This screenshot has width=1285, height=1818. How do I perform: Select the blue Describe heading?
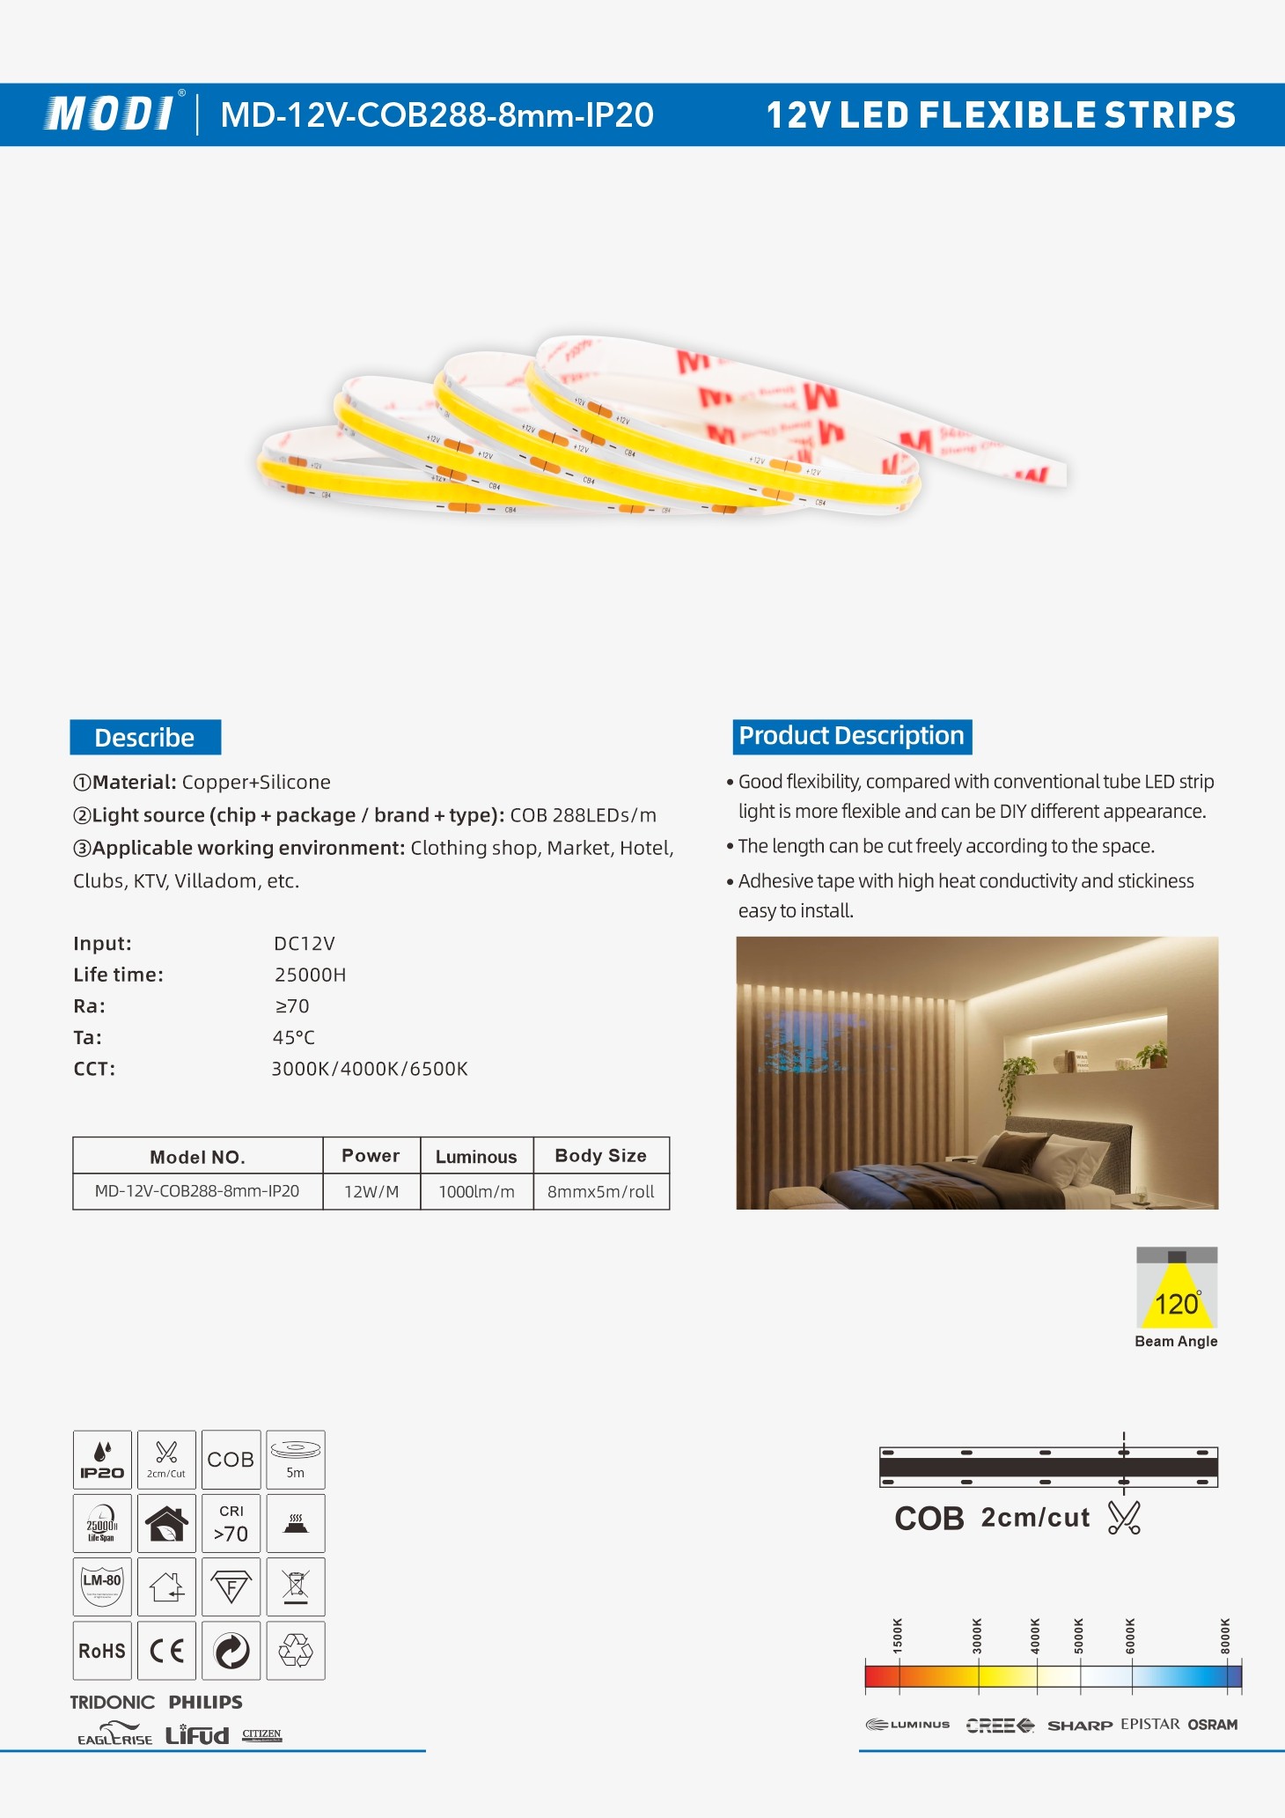[x=145, y=737]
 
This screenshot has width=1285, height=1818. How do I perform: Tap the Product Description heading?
[x=851, y=736]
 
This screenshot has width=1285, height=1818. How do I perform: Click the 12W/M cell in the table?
[x=371, y=1192]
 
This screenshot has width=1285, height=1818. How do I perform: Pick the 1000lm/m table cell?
[x=476, y=1192]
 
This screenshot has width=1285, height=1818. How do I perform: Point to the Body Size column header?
[x=600, y=1156]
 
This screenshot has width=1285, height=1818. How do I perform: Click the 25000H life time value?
[x=310, y=975]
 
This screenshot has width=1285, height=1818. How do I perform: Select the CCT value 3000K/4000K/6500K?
[x=370, y=1069]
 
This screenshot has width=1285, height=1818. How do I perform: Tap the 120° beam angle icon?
[x=1176, y=1289]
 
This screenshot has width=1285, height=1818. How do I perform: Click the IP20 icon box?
[x=102, y=1460]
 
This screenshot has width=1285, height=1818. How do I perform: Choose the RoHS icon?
[x=102, y=1651]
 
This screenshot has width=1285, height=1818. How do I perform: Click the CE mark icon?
[x=166, y=1651]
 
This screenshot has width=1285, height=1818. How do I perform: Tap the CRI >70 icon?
[x=231, y=1523]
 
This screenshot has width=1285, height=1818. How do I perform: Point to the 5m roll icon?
[x=296, y=1460]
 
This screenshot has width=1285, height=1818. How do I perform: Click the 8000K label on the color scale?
[x=1225, y=1636]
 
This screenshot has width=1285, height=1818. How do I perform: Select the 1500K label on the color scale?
[x=898, y=1636]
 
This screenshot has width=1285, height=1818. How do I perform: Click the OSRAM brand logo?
[x=1212, y=1725]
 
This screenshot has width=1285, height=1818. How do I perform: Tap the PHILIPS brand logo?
[x=205, y=1702]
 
